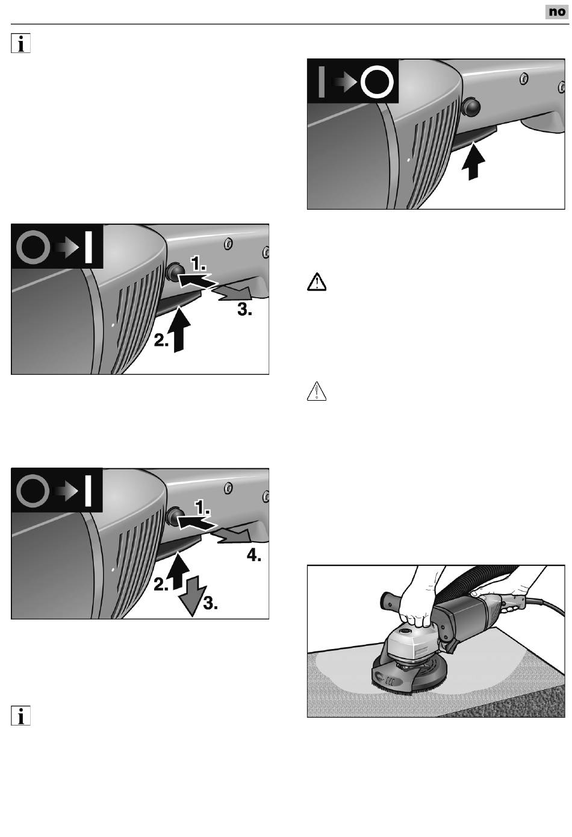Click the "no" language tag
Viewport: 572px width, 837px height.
point(557,11)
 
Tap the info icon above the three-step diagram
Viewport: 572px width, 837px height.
point(20,43)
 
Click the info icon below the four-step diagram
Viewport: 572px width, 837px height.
point(20,715)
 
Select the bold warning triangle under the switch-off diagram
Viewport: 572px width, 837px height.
point(317,283)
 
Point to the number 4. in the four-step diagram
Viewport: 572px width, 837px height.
point(254,556)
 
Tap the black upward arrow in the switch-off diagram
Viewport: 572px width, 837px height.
point(473,161)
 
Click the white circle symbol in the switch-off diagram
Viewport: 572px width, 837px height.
point(377,82)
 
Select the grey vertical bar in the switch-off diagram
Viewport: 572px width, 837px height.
point(322,82)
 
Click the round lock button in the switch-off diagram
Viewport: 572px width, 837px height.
point(471,107)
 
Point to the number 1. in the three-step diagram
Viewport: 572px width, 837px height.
point(198,264)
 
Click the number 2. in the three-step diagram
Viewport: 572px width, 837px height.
point(161,340)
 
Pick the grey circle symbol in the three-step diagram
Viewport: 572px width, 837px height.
point(33,248)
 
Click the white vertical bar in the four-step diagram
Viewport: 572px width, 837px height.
point(89,491)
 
